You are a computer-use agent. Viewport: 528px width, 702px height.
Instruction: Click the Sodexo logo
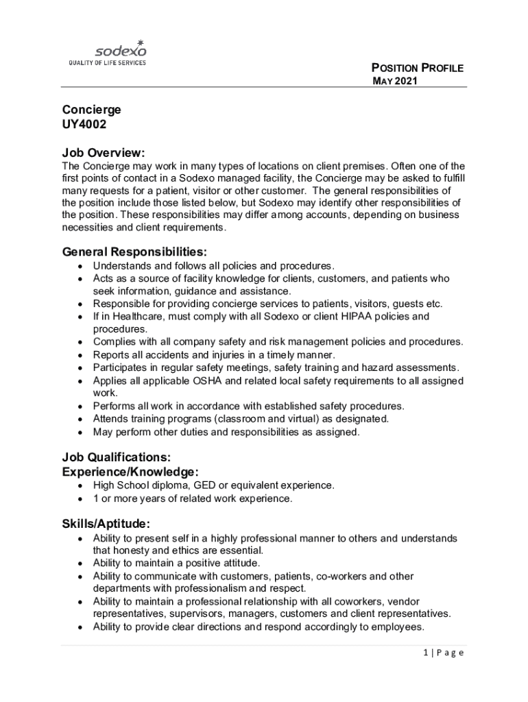point(120,49)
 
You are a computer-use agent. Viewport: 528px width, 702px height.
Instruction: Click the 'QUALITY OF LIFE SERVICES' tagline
point(106,63)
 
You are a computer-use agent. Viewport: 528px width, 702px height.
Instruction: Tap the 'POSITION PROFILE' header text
point(418,68)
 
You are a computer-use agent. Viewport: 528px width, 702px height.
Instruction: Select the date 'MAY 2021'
point(395,82)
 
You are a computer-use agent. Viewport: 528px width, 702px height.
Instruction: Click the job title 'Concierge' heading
point(92,110)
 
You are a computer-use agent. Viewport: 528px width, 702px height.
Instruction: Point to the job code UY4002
point(84,125)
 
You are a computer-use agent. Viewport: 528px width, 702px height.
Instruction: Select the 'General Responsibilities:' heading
point(134,252)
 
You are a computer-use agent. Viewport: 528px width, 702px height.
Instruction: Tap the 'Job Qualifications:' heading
point(116,457)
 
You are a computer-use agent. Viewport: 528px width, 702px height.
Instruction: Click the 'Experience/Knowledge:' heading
point(130,472)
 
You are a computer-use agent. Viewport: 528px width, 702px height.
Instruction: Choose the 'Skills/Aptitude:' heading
point(106,524)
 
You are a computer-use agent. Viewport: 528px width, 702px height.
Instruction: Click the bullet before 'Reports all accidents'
point(80,355)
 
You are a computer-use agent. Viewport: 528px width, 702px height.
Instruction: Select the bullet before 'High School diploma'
point(80,485)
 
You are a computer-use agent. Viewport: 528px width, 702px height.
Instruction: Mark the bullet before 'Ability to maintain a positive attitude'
point(80,564)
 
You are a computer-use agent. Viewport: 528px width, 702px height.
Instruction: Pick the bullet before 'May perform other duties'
point(80,433)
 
